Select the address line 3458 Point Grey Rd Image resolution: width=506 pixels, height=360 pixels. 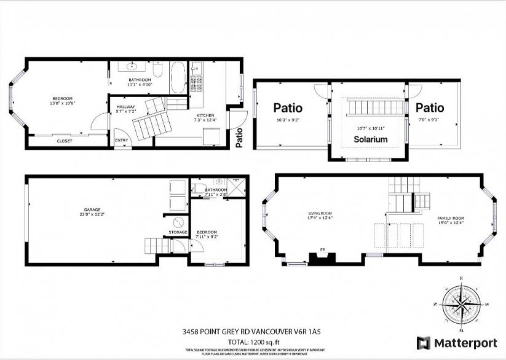(253, 332)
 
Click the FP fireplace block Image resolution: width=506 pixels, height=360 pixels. (322, 258)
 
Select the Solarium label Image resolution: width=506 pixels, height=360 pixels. (370, 139)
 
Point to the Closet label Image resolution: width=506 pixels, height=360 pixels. (64, 141)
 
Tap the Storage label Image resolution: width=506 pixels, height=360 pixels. (178, 232)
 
